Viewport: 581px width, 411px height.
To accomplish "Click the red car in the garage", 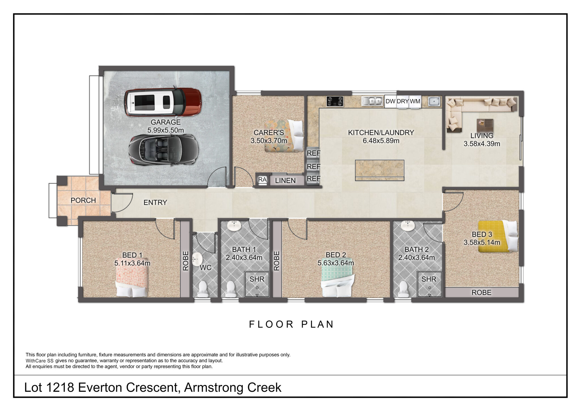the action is [163, 102].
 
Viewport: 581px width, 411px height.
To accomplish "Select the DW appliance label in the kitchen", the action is [390, 101].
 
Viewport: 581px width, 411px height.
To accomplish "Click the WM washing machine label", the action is [415, 101].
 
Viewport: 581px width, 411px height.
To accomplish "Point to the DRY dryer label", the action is [403, 101].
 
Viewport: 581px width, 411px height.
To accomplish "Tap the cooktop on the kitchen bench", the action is [335, 101].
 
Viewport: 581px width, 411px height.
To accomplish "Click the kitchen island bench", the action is [380, 170].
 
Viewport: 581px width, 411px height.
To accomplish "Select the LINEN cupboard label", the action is [285, 181].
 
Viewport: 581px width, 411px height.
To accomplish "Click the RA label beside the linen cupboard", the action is [262, 180].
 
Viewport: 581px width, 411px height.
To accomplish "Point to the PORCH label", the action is [83, 200].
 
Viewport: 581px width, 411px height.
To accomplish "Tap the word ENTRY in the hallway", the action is [155, 202].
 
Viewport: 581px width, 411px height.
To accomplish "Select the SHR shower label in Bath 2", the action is [429, 279].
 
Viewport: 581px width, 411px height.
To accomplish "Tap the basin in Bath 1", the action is [234, 226].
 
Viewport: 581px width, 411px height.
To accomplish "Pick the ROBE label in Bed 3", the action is [481, 293].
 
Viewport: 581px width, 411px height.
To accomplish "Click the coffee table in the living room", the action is [485, 125].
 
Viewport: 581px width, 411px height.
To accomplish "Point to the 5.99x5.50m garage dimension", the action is [166, 130].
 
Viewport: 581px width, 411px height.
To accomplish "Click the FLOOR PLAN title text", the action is [292, 324].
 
